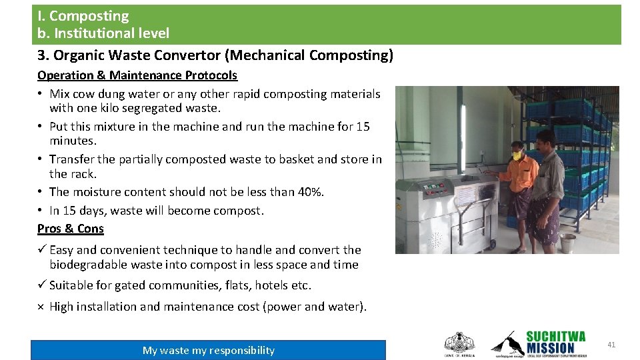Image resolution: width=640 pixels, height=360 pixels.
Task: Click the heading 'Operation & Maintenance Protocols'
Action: [137, 75]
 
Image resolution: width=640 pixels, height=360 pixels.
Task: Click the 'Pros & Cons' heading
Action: [71, 229]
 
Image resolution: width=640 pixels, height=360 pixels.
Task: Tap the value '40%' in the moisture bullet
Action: [310, 192]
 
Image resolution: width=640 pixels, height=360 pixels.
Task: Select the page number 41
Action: [611, 345]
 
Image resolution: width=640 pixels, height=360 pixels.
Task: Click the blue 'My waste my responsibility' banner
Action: [208, 350]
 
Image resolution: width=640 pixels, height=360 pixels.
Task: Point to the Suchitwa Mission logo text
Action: [555, 342]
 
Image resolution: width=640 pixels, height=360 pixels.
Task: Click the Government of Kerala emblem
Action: [459, 343]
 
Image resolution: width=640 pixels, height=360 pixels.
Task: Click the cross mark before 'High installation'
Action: [41, 307]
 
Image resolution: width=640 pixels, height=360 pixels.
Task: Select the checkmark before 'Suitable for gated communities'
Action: [41, 285]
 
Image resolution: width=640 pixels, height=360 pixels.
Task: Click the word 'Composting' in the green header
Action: [89, 16]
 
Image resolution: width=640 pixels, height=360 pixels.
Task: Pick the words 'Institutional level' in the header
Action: [112, 33]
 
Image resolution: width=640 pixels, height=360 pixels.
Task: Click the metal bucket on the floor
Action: [568, 242]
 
